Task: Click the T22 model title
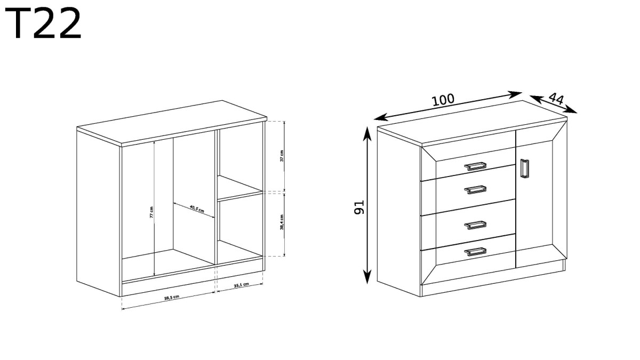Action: [43, 23]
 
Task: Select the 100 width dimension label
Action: [443, 99]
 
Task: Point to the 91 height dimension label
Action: [359, 207]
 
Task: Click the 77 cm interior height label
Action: [151, 212]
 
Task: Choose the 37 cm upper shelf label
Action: [282, 156]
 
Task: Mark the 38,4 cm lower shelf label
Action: [282, 222]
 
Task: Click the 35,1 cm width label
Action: [241, 285]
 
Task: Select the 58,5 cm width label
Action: [172, 298]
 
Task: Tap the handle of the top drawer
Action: [475, 166]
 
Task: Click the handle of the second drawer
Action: [475, 189]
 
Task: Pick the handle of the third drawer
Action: [475, 225]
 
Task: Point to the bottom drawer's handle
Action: [475, 252]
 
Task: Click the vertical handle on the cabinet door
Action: [524, 170]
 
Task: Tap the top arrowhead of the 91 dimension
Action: [367, 134]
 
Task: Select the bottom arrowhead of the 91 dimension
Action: [367, 277]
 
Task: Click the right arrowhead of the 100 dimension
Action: [515, 94]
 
